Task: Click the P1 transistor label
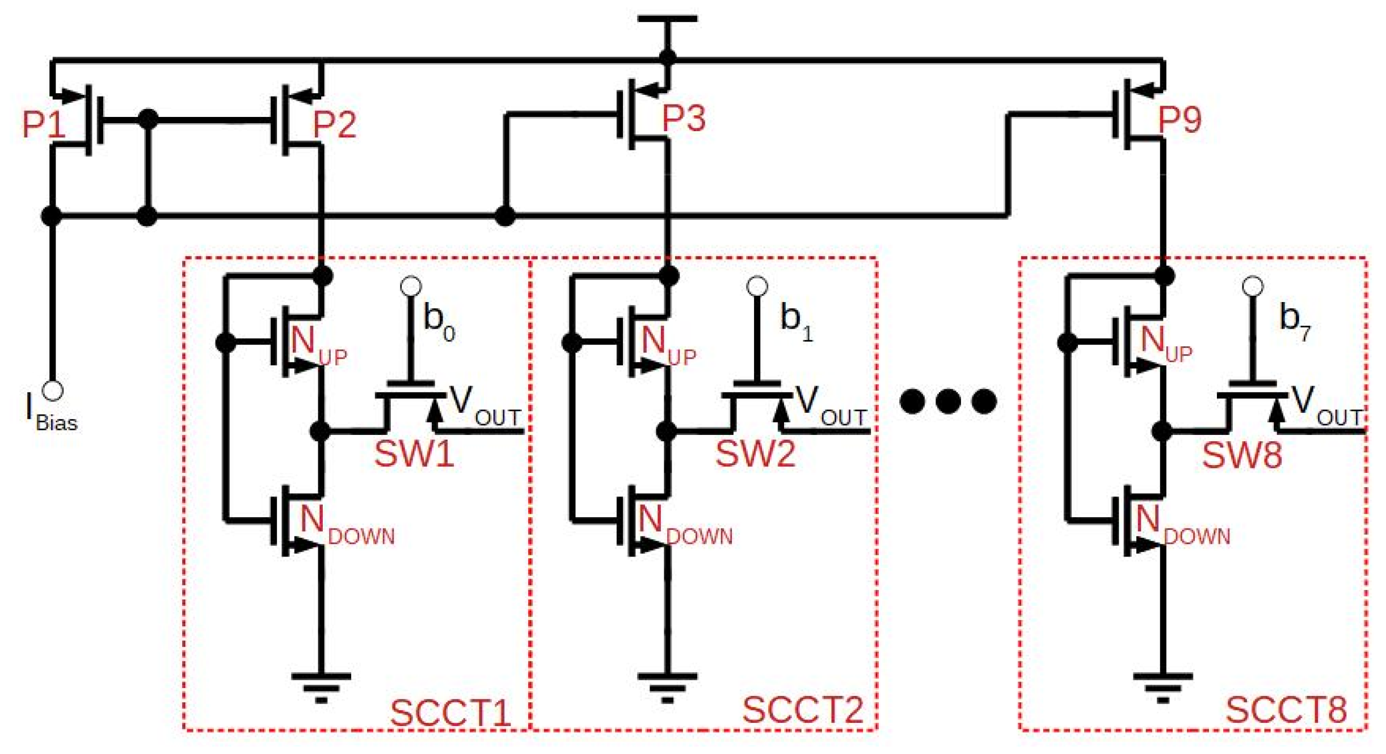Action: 43,124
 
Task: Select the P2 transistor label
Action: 334,124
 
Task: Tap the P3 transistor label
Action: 683,119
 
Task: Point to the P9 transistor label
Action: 1179,119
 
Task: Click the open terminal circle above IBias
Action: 52,391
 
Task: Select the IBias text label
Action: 51,413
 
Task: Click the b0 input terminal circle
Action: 411,286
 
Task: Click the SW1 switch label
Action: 414,454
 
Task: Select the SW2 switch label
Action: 755,454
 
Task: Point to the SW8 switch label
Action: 1242,455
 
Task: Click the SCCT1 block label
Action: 450,713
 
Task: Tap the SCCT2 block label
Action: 802,711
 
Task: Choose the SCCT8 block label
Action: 1286,710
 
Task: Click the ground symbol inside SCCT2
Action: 667,686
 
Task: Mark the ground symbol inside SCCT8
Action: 1162,686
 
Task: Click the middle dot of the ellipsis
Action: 948,401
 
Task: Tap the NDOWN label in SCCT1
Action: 346,525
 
